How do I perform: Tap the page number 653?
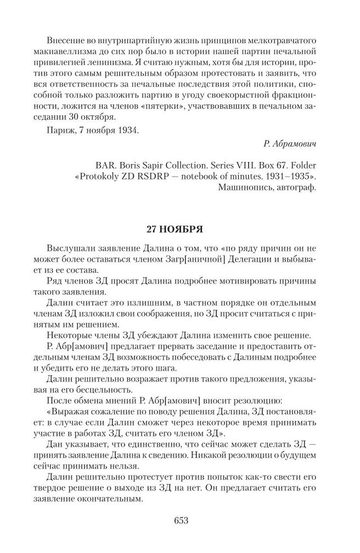pos(180,520)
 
